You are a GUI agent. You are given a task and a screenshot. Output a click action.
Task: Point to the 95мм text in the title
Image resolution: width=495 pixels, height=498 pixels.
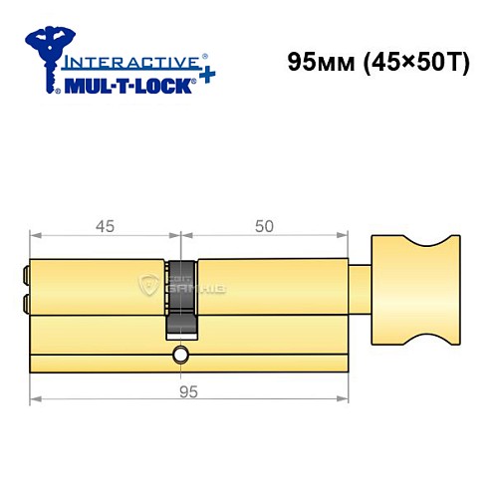point(315,61)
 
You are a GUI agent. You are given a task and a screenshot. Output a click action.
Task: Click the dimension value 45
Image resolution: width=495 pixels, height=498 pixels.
point(104,226)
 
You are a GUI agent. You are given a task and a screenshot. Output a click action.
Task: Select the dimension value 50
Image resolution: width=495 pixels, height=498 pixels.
point(264,226)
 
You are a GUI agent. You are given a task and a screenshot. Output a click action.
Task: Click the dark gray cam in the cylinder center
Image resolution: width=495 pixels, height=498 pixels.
point(179,299)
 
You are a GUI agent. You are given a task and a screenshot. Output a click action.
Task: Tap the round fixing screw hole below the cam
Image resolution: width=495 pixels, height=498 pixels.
point(179,356)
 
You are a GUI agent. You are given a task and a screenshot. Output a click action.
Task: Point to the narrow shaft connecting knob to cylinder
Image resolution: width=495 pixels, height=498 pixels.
point(361,288)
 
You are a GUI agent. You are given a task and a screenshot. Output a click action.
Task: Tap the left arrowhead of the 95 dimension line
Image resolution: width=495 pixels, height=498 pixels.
point(33,403)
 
